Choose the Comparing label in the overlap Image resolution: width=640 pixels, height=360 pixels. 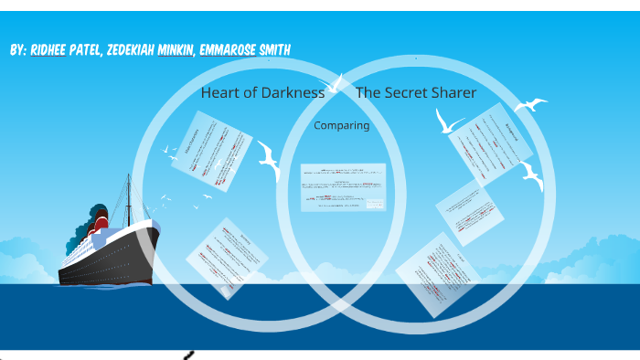click(x=341, y=125)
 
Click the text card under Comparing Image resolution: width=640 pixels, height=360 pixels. click(x=343, y=187)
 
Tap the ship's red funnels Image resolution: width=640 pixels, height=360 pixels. click(x=99, y=218)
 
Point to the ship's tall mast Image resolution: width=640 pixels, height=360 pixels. click(x=128, y=196)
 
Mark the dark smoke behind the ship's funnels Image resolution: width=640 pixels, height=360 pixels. click(x=73, y=241)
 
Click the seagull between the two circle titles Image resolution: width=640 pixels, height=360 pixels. click(x=336, y=84)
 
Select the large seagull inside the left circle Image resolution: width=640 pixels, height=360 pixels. click(x=269, y=161)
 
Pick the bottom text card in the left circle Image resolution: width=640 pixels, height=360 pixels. click(x=227, y=258)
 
